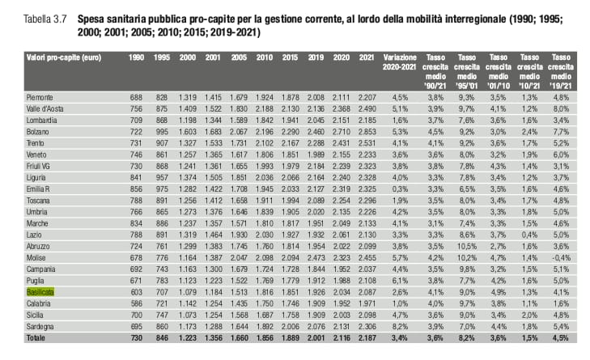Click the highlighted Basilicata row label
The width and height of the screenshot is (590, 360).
[40, 292]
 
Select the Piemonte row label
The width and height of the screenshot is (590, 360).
[40, 97]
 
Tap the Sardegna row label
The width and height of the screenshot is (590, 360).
[40, 327]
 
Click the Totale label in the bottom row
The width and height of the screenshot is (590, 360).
[36, 338]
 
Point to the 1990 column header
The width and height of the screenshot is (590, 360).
[136, 57]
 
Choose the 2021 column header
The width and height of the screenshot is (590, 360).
[366, 57]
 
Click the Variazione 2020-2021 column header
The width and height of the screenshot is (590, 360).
[400, 62]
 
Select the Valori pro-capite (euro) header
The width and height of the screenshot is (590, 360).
[64, 57]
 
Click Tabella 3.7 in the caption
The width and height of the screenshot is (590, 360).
[45, 19]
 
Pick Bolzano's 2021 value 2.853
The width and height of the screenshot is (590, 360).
[367, 132]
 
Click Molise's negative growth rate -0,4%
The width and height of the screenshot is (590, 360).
[562, 258]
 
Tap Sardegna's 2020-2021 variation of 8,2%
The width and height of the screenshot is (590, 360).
[400, 327]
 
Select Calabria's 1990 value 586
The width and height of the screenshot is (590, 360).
[136, 303]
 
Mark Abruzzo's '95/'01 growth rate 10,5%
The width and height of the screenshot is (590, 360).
[467, 247]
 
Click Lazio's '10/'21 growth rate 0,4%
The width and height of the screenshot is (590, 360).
[529, 235]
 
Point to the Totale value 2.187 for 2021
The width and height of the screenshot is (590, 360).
[367, 338]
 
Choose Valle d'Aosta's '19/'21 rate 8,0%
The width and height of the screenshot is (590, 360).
[561, 108]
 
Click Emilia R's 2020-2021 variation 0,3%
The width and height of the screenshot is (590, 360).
[400, 188]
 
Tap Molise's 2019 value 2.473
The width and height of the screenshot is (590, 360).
[316, 258]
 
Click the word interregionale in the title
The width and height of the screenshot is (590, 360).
[475, 19]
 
